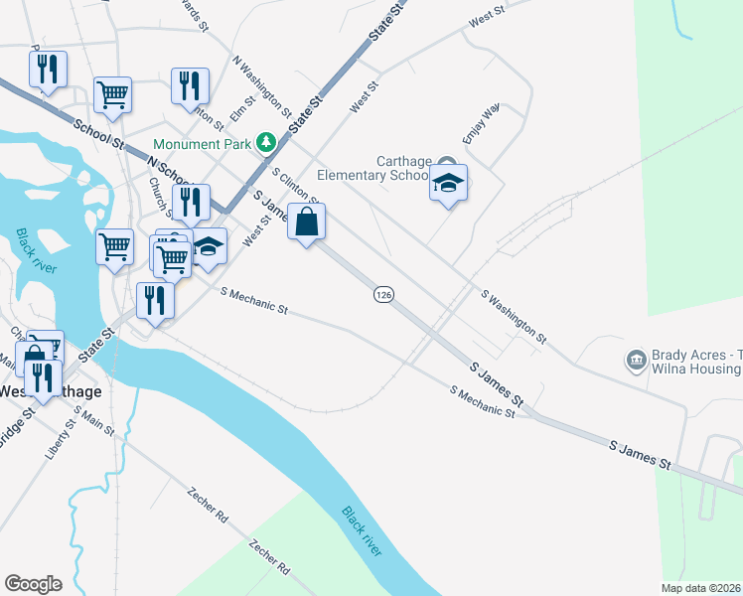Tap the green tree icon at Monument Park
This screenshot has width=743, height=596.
coord(265,143)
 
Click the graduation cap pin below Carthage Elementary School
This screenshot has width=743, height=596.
coord(448,185)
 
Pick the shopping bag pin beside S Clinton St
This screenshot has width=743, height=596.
coord(307,223)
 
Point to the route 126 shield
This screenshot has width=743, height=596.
coord(385,295)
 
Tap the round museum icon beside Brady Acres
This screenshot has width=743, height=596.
coord(635,359)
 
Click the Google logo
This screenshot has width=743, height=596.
coord(33,584)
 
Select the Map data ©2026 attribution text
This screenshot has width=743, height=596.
coord(701,588)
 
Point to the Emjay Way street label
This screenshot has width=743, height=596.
coord(479,123)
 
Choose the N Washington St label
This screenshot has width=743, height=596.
coord(261,87)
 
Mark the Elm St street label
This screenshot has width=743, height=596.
coord(237,107)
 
